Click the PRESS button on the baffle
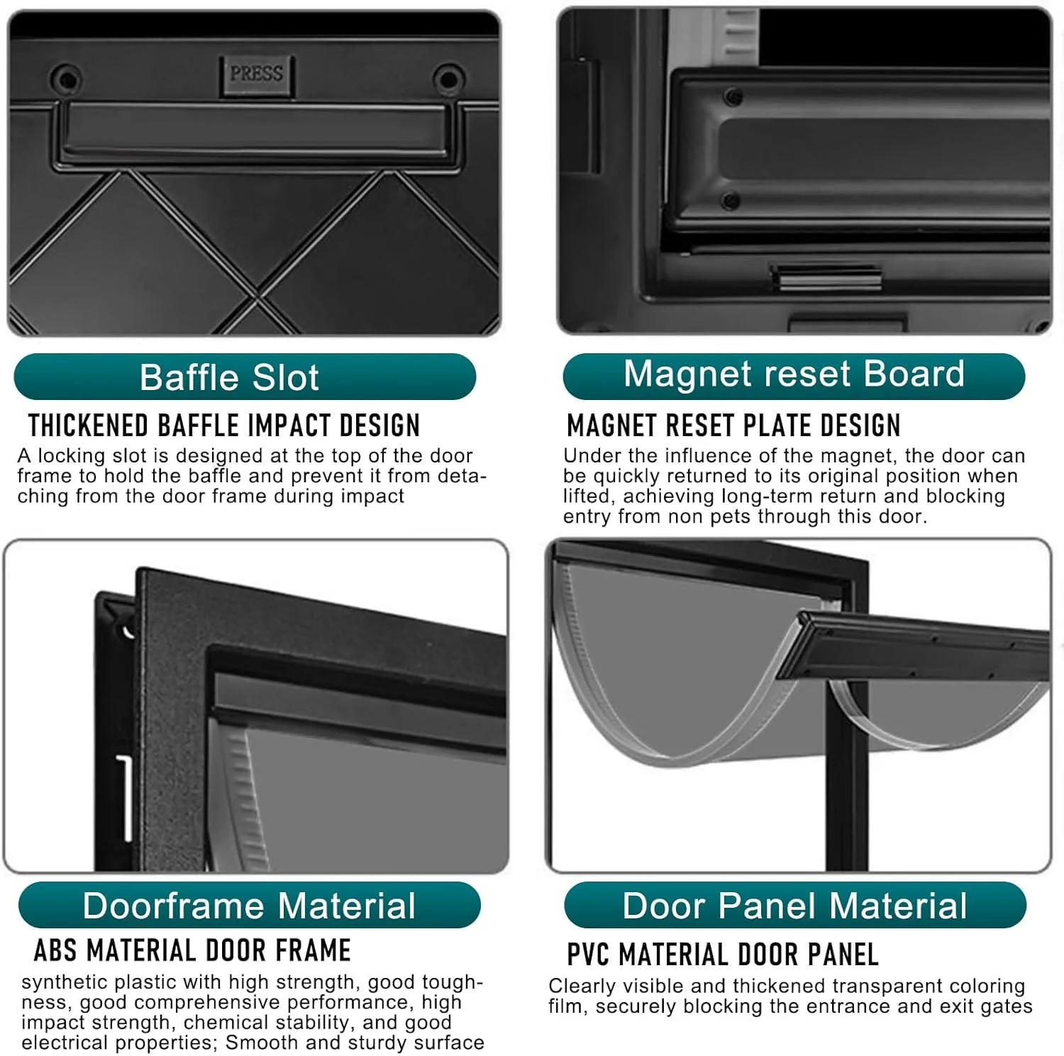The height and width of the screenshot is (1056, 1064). [256, 75]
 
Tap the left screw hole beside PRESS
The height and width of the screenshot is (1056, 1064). [68, 78]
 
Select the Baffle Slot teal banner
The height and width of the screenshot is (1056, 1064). [245, 377]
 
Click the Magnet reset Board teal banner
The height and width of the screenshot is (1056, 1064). [794, 376]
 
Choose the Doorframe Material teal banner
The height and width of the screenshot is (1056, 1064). [250, 905]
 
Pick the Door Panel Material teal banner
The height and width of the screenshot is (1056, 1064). [795, 905]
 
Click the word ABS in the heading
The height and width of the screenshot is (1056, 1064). [55, 950]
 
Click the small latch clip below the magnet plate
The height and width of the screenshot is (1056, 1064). [826, 277]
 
